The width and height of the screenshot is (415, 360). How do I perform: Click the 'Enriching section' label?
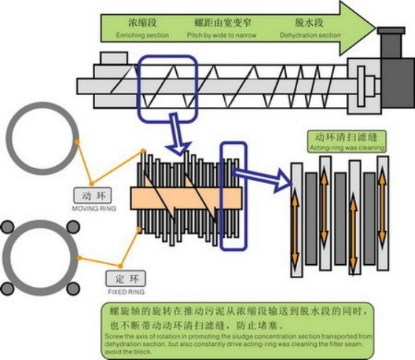(143, 35)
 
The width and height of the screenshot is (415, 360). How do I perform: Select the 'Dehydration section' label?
(310, 35)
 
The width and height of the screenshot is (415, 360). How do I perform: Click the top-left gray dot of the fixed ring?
(8, 226)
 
